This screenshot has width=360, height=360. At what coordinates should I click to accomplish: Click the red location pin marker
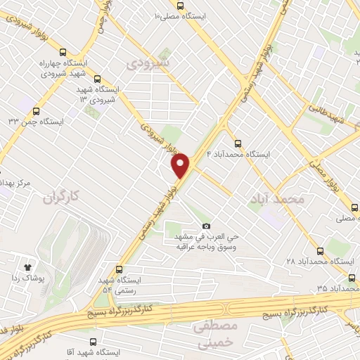pyautogui.click(x=181, y=166)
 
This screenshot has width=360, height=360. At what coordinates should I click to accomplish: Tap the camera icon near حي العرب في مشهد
pyautogui.click(x=206, y=226)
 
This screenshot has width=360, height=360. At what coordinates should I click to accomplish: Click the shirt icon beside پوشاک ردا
pyautogui.click(x=28, y=267)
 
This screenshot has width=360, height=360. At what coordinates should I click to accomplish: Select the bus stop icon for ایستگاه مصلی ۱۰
pyautogui.click(x=180, y=6)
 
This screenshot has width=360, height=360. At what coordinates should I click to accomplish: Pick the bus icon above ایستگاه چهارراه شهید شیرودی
pyautogui.click(x=63, y=52)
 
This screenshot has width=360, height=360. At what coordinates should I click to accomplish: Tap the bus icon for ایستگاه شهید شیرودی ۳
pyautogui.click(x=96, y=79)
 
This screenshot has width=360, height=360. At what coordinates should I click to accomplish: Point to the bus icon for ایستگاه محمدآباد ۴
pyautogui.click(x=237, y=142)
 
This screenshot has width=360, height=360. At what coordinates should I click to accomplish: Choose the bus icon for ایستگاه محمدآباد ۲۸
pyautogui.click(x=321, y=251)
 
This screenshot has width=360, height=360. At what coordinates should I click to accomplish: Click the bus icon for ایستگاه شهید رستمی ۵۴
pyautogui.click(x=118, y=269)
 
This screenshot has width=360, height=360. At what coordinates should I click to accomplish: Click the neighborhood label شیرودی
pyautogui.click(x=148, y=63)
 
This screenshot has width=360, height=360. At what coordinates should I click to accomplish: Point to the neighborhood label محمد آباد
pyautogui.click(x=277, y=200)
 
